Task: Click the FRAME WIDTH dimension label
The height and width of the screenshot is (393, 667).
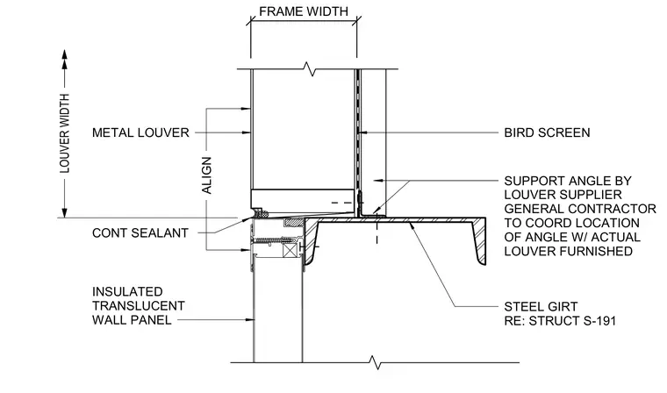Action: (x=304, y=11)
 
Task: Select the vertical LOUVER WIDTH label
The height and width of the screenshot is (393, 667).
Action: (x=65, y=133)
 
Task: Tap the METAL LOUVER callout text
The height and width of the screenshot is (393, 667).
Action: (x=140, y=132)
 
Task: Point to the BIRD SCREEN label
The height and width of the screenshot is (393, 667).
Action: (x=547, y=132)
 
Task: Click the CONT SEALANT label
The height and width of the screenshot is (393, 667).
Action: (x=140, y=233)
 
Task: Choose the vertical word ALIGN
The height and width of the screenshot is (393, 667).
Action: (x=206, y=175)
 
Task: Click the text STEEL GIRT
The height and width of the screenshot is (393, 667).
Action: (x=541, y=307)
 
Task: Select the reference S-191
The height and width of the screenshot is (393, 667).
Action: (x=599, y=321)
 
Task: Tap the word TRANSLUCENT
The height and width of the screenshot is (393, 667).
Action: (x=139, y=306)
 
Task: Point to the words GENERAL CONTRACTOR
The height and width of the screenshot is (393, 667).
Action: (x=580, y=209)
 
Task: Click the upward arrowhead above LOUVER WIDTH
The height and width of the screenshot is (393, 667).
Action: (x=65, y=54)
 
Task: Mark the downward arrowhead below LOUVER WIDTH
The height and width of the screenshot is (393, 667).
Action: (x=65, y=212)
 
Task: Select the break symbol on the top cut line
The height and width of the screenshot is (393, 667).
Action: (x=311, y=69)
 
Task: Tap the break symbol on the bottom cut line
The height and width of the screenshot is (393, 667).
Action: (x=375, y=363)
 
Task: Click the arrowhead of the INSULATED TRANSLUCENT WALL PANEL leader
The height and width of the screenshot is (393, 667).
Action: (x=250, y=320)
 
